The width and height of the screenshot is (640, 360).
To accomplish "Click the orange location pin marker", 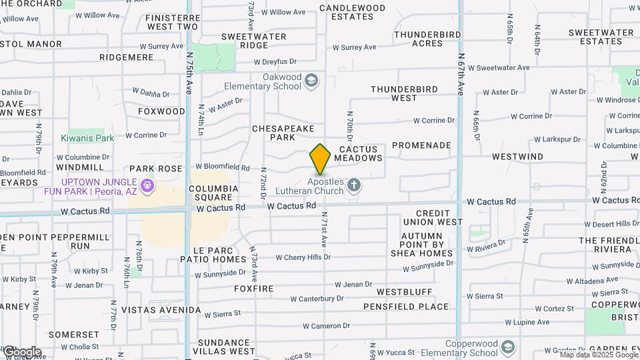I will (320, 159).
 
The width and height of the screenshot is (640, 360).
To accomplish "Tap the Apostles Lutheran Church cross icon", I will (353, 185).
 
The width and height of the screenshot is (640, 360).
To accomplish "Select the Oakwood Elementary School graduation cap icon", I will (311, 81).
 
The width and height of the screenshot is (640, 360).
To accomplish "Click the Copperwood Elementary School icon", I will (507, 347).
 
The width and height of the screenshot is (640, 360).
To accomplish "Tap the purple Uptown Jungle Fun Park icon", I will (147, 185).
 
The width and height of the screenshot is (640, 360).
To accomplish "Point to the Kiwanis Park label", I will (87, 138).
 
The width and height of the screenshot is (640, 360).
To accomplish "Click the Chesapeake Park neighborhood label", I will (283, 132).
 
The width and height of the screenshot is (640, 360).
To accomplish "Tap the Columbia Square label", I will (213, 193).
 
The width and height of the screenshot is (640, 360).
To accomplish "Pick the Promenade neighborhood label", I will (421, 145).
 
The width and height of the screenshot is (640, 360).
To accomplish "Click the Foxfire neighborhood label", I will (253, 289).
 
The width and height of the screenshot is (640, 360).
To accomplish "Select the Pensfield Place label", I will (406, 307).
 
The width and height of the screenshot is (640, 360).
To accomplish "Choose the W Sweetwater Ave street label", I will (499, 67).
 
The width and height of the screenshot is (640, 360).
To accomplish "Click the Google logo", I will (22, 351).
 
